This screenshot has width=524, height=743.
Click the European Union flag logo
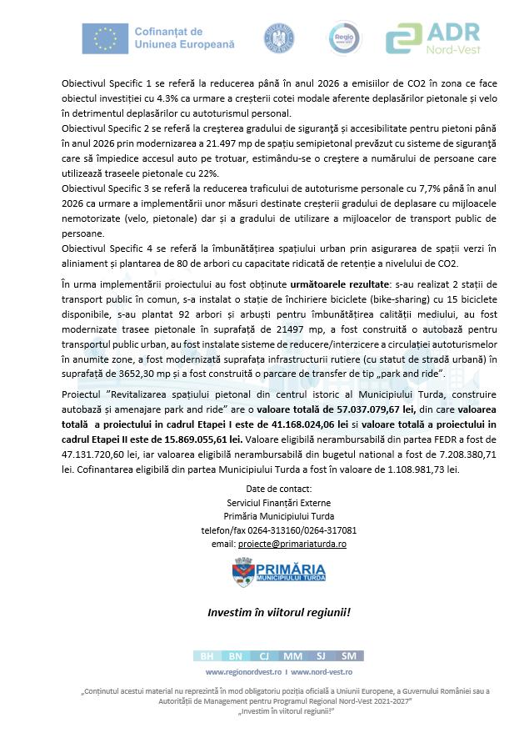tap(106, 38)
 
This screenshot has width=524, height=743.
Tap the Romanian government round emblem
tap(279, 38)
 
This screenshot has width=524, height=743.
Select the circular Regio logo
tap(342, 38)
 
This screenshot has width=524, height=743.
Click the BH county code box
tap(207, 656)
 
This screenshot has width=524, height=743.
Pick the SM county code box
tap(348, 656)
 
